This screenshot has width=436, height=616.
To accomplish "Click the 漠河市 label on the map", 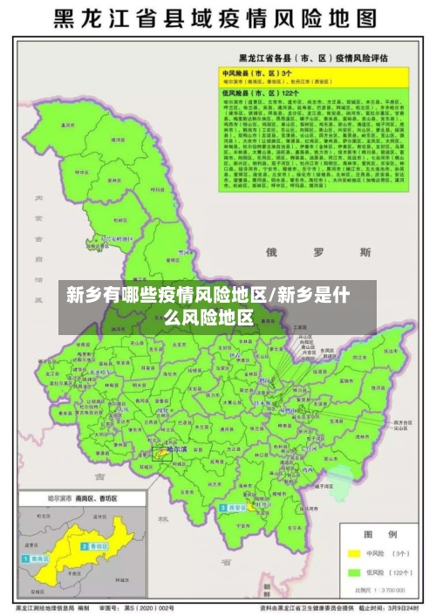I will point(67,125).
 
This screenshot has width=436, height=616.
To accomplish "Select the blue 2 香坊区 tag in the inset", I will point(93,546).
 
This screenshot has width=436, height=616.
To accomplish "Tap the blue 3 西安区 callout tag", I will point(234,507).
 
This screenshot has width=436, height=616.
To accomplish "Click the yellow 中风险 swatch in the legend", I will point(355,553).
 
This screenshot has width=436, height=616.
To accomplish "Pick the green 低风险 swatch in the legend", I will point(355,572).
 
